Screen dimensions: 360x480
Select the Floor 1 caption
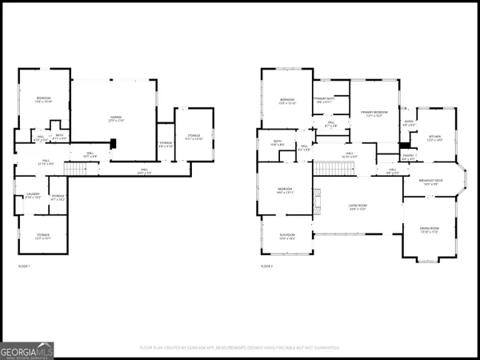click(x=25, y=265)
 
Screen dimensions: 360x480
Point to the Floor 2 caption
click(x=268, y=265)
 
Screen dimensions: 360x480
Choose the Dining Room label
click(x=430, y=230)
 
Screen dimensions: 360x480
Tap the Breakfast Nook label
click(x=437, y=183)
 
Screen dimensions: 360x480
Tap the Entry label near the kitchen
click(x=408, y=123)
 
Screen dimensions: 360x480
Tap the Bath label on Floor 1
click(x=58, y=137)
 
